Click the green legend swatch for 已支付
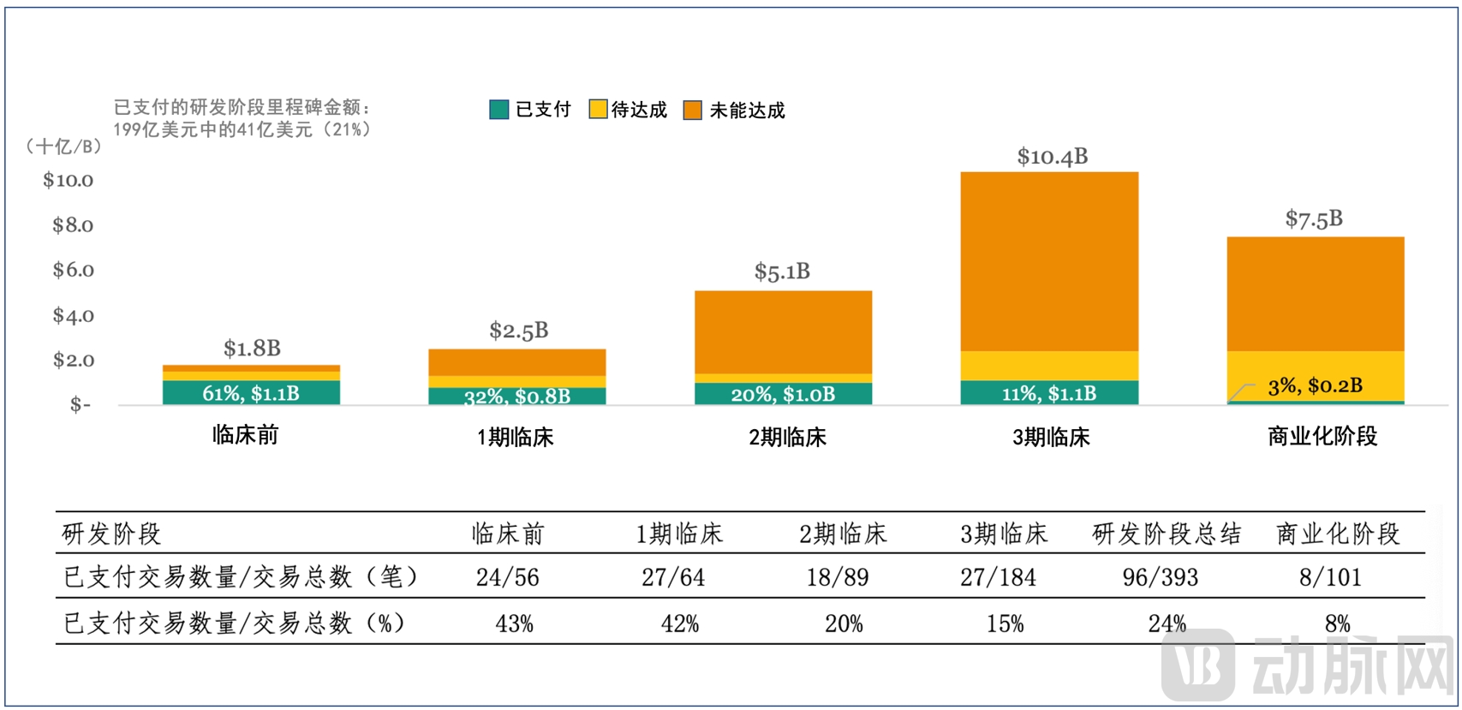tap(498, 110)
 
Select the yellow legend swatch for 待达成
tap(598, 110)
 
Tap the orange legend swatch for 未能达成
tap(692, 110)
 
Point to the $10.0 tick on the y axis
tap(69, 180)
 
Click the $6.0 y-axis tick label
tap(73, 270)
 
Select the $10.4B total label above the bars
tap(1052, 157)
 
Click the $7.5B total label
tap(1314, 219)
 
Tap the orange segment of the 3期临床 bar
tap(1049, 261)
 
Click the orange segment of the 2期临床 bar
tap(783, 331)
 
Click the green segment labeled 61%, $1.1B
tap(251, 393)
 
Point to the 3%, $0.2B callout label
tap(1315, 386)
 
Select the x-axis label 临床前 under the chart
tap(246, 435)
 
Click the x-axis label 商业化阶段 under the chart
tap(1322, 437)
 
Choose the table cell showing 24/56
tap(508, 577)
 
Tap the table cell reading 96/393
tap(1161, 577)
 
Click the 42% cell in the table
tap(680, 623)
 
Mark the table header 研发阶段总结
tap(1167, 534)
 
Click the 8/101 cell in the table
tap(1330, 577)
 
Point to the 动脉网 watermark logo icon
tap(1198, 665)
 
